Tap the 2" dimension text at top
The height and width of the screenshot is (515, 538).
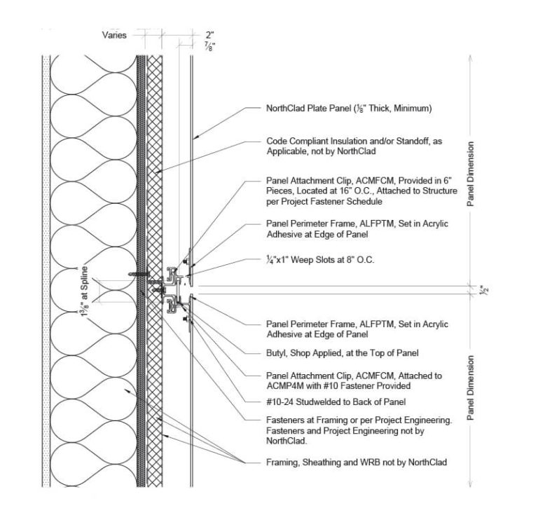[209, 34]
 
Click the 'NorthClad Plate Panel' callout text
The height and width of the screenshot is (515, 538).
[347, 109]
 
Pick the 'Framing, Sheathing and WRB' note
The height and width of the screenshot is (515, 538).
[356, 462]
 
